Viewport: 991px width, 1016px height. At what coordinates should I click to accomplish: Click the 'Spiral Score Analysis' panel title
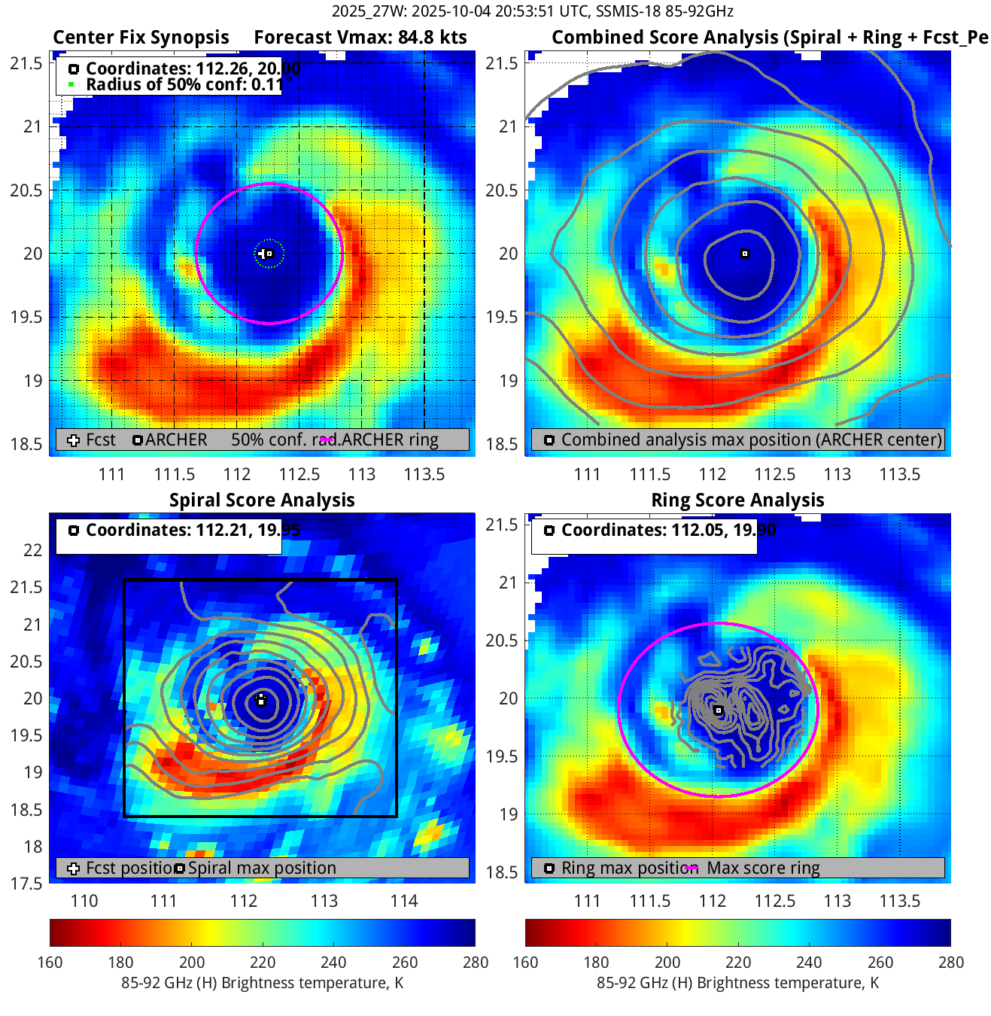point(262,500)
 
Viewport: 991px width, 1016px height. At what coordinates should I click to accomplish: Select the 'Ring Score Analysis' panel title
point(737,500)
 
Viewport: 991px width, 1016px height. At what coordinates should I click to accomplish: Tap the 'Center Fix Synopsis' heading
point(141,38)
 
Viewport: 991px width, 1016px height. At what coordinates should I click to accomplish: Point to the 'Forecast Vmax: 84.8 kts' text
point(360,38)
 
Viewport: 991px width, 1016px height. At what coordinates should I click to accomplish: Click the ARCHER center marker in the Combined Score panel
point(745,254)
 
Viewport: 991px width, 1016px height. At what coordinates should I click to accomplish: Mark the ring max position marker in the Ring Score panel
point(719,710)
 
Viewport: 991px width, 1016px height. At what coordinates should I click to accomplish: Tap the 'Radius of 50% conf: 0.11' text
point(184,85)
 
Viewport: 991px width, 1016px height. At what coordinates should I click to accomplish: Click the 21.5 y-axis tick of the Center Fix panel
point(26,63)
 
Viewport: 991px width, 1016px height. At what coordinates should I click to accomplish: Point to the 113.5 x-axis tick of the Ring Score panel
point(900,901)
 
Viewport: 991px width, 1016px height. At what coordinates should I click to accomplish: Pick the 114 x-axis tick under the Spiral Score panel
point(404,901)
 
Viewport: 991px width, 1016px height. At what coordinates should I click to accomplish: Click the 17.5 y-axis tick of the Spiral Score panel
point(26,884)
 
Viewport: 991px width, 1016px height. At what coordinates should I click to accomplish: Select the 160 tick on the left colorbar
point(50,963)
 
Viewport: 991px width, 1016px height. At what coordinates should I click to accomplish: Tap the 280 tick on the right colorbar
point(951,963)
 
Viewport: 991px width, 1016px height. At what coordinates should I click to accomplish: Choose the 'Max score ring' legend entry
point(763,868)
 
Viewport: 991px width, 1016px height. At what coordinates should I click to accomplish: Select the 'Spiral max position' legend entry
point(262,868)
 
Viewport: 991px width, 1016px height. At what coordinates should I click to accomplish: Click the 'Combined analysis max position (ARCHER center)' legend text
point(751,440)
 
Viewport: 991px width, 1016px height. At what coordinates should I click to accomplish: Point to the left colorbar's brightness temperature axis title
point(262,983)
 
